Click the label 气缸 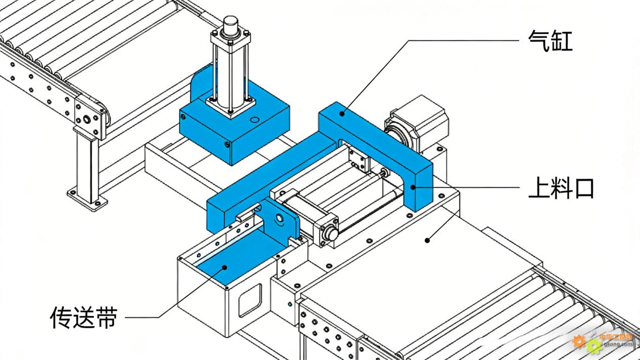click(x=550, y=41)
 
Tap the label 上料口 click(x=561, y=189)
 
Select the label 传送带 click(x=84, y=317)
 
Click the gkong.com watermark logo click(x=603, y=342)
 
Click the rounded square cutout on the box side click(x=250, y=299)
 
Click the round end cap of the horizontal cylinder click(x=330, y=233)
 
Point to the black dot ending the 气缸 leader click(x=343, y=113)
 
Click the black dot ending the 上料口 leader click(x=413, y=187)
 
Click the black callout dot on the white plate click(x=428, y=240)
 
